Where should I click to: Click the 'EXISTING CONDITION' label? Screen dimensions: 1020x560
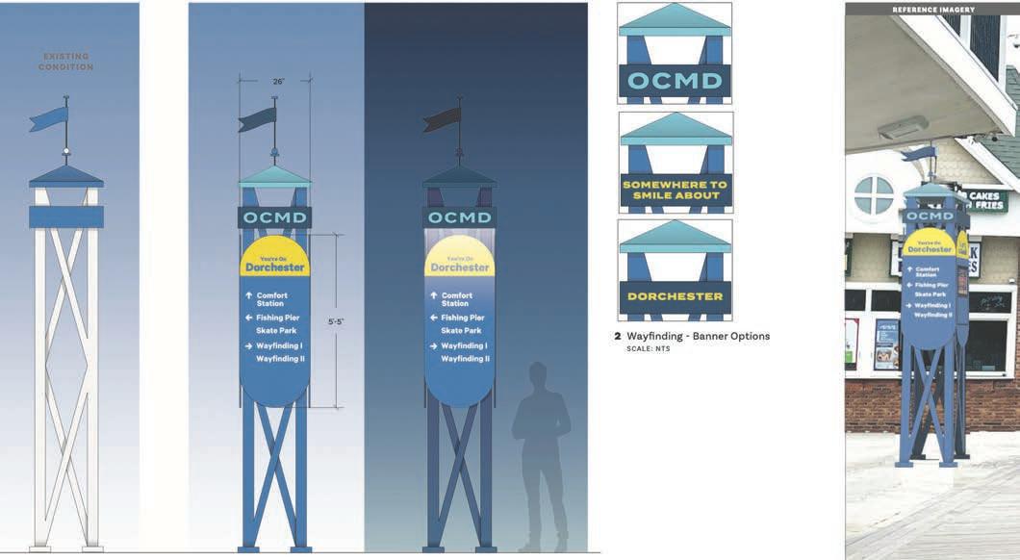point(66,62)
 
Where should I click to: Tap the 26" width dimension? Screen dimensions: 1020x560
point(278,82)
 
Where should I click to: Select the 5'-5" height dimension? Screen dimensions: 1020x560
point(335,321)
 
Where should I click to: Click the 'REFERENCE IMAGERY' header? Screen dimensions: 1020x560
point(932,10)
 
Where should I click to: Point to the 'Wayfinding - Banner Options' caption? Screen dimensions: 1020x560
point(698,336)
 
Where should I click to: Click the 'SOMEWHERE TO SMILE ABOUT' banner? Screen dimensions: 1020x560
point(676,190)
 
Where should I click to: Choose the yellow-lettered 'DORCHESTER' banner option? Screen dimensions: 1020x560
point(675,296)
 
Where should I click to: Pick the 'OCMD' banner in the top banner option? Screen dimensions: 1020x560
point(675,80)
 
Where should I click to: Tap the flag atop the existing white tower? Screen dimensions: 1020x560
point(49,118)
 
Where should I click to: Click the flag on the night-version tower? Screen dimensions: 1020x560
point(443,119)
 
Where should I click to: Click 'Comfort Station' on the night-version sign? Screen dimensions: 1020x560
point(457,299)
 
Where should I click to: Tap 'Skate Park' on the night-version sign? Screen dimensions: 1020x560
point(462,331)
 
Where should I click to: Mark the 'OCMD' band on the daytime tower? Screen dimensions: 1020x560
point(274,217)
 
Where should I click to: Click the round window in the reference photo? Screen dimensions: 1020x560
point(874,195)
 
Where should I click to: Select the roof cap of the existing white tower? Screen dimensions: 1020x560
point(66,176)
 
